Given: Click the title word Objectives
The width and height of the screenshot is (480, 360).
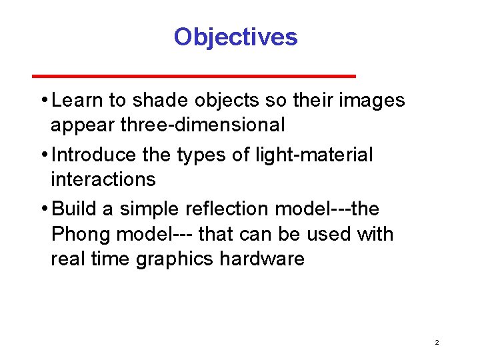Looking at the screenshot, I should coord(235,37).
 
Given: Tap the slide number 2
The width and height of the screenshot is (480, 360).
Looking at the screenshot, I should coord(437,342).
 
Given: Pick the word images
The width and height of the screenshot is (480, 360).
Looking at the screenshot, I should coord(372,101).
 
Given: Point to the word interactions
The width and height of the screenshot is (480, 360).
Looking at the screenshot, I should coord(103,179).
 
